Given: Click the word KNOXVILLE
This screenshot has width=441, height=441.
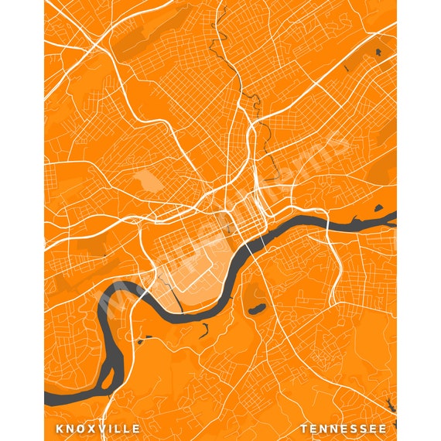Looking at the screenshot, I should click(x=97, y=428).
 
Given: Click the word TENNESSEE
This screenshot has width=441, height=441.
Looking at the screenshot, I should click(x=344, y=428).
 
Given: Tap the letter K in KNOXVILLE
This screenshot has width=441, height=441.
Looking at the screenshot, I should click(x=60, y=428).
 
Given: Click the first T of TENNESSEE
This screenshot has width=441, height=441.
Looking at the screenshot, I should click(x=304, y=428).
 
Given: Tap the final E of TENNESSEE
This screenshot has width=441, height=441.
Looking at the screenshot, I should click(x=382, y=428).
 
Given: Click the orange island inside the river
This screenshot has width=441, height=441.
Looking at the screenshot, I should click(x=108, y=379).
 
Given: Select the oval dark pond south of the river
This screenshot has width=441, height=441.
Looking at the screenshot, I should click(x=255, y=310).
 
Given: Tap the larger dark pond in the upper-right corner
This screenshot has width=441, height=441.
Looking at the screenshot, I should click(x=378, y=53).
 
